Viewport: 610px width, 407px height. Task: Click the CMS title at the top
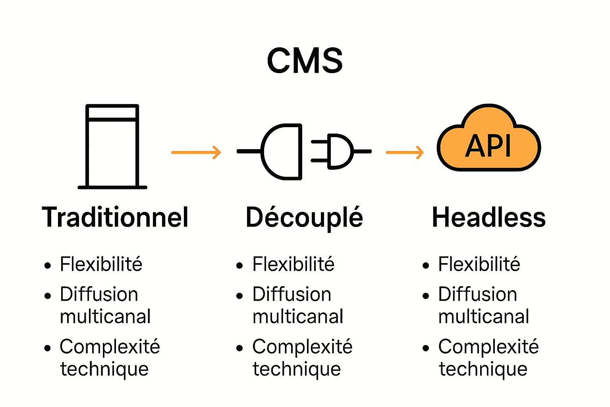coord(305,61)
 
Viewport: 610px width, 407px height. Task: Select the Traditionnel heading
coord(115,217)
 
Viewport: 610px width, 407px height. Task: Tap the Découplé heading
coord(304,218)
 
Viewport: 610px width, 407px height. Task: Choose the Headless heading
coord(488,217)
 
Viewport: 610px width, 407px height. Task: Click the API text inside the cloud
coord(488,146)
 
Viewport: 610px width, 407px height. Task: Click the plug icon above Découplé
coord(304,151)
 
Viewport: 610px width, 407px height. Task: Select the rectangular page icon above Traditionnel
coord(112,146)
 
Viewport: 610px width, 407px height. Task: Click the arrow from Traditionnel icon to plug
coord(196,152)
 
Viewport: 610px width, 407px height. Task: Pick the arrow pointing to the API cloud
coord(405,152)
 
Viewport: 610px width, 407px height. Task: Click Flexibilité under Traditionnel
coord(101,264)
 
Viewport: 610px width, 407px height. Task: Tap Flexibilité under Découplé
coord(293,264)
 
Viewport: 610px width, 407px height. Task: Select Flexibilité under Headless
coord(479,264)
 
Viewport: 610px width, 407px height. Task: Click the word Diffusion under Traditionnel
coord(99,295)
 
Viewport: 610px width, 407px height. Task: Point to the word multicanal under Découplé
coord(298,317)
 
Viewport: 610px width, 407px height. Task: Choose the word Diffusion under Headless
coord(477,295)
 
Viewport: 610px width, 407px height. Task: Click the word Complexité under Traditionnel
coord(110,347)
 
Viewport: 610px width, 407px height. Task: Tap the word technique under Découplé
coord(297,369)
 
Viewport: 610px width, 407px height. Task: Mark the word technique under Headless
coord(483,369)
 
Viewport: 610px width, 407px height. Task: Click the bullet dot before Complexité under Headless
coord(426,349)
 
